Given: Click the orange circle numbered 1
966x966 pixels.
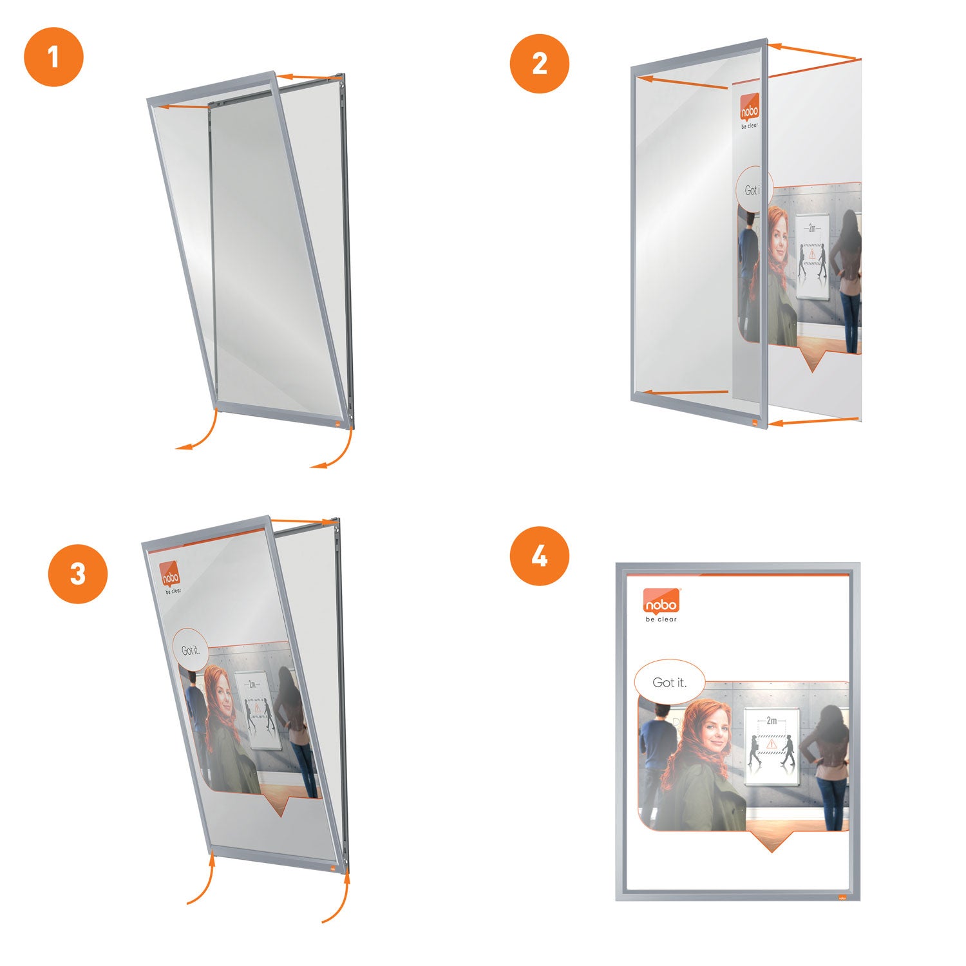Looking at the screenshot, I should coord(53,57).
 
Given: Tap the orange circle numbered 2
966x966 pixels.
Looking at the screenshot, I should coord(540,64).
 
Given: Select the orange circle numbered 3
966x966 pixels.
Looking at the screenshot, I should coord(78,574).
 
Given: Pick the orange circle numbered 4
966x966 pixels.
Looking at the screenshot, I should coord(540,556).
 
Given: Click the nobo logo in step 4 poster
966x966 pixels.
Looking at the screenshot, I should coord(661,603).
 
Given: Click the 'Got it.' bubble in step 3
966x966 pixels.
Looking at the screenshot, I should coord(191,650).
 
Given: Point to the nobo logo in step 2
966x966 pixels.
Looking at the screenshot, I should coord(750,109).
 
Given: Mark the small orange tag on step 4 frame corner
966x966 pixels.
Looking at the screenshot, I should coord(842,897).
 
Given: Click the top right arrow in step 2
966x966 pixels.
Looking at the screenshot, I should coord(815,52).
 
